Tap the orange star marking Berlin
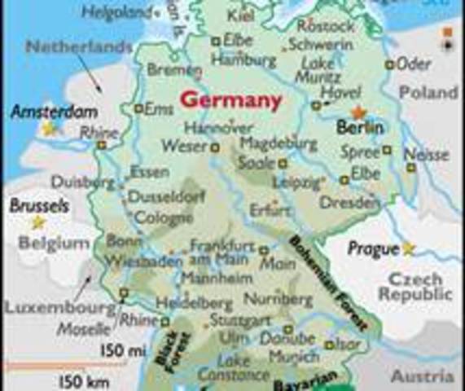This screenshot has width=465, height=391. (x=358, y=113)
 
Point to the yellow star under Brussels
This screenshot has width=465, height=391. (x=37, y=222)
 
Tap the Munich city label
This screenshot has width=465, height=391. (x=293, y=356)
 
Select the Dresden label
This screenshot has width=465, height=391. (x=349, y=202)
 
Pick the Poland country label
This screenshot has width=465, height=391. (x=428, y=93)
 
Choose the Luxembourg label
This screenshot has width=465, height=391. (x=59, y=309)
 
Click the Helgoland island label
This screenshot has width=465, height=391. (x=118, y=13)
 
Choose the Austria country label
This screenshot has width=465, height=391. (x=422, y=377)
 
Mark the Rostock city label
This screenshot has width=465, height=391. (x=327, y=26)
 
